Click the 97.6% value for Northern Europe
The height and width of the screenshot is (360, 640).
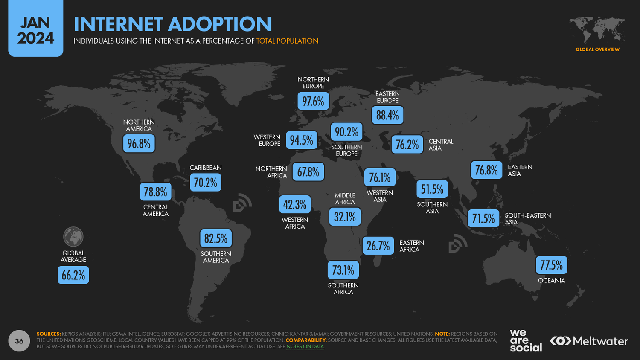(x=313, y=101)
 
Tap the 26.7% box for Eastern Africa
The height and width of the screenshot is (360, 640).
(x=378, y=246)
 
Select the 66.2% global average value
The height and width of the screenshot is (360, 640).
(x=73, y=275)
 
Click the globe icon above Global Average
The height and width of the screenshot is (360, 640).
(x=73, y=237)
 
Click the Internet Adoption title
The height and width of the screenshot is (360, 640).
(x=172, y=24)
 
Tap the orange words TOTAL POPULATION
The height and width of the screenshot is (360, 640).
(x=287, y=41)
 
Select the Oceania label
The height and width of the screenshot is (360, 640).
(x=551, y=280)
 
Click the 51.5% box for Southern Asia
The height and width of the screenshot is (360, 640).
(x=432, y=189)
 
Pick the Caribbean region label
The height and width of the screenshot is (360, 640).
(x=206, y=168)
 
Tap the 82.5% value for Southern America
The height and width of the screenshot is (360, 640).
(x=216, y=238)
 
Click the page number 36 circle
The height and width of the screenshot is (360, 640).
(x=19, y=341)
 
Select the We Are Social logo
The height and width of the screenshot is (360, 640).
(x=525, y=340)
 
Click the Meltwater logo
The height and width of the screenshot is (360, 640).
(x=589, y=341)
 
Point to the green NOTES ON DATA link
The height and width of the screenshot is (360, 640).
(x=305, y=346)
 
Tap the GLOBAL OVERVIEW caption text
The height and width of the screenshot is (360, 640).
(x=597, y=49)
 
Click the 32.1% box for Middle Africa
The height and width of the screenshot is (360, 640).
(x=345, y=217)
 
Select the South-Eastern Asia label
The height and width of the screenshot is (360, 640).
(x=528, y=218)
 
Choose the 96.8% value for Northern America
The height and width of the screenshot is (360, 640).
(x=139, y=143)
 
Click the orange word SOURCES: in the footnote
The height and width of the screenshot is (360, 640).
(x=49, y=334)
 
